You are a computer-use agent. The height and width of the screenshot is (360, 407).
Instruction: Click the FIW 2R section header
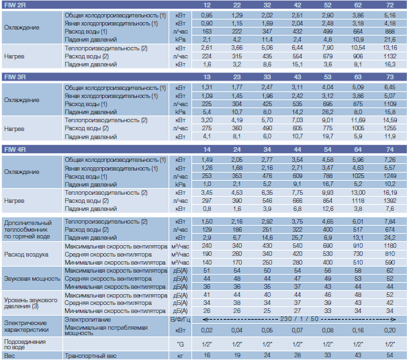15,5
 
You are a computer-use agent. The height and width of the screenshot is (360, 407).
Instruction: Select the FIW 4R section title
15,150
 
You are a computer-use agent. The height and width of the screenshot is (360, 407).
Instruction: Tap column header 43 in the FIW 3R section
298,77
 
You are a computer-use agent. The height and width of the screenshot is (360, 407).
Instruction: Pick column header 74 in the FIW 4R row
390,150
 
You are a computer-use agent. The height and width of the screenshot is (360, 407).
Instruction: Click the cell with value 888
390,32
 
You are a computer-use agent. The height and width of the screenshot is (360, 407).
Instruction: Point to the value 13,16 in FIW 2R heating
390,48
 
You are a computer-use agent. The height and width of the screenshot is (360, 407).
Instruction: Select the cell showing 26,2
328,112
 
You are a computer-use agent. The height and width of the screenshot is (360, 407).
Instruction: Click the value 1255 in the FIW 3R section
390,128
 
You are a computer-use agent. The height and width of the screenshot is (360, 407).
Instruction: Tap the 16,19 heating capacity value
390,193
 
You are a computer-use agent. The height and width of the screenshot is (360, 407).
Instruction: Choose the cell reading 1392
390,201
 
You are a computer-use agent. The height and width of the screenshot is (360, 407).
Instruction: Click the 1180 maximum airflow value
390,246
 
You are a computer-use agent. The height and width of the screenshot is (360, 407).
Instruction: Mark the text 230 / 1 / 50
299,319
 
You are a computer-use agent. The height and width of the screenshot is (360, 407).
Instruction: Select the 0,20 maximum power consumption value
390,330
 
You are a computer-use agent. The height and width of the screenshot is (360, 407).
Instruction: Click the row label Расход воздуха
26,255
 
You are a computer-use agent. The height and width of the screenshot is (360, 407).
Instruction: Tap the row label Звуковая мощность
32,279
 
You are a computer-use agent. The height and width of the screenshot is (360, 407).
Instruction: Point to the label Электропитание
88,320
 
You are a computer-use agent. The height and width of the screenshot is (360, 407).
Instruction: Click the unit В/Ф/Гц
181,320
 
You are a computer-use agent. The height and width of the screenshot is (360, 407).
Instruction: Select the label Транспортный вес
91,356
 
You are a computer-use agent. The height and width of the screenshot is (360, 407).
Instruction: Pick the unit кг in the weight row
181,356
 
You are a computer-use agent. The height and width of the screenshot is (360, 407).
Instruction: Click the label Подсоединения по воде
25,345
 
